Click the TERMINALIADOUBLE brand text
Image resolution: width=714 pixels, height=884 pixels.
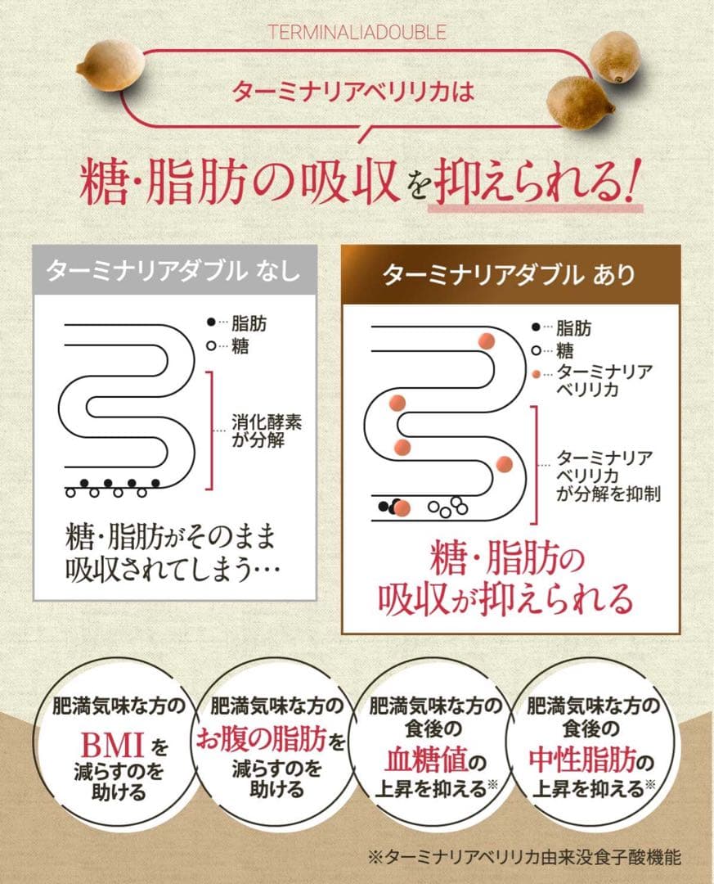pyautogui.click(x=357, y=33)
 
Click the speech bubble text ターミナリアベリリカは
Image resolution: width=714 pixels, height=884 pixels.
pyautogui.click(x=353, y=91)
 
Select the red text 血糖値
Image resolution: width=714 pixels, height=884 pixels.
pyautogui.click(x=426, y=763)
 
